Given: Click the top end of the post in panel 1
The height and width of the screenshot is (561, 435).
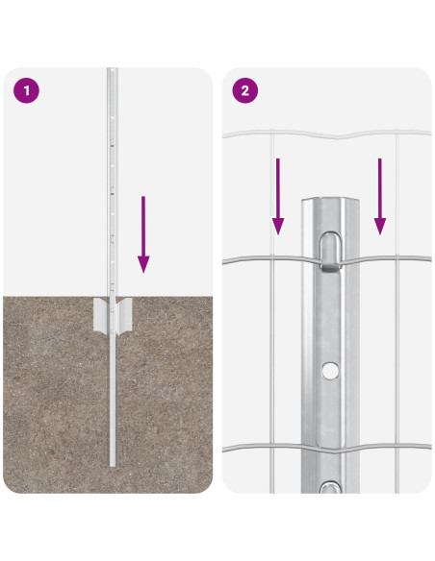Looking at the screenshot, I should (x=112, y=71).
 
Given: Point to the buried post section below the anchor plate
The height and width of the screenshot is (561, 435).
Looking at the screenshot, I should (x=113, y=403).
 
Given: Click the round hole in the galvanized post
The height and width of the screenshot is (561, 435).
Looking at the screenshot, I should (x=330, y=369).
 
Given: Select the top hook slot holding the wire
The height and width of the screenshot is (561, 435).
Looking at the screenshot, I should (x=330, y=247).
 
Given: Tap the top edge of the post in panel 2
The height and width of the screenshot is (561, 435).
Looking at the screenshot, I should (x=330, y=201).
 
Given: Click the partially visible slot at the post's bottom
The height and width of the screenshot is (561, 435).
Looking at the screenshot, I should (x=330, y=489).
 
